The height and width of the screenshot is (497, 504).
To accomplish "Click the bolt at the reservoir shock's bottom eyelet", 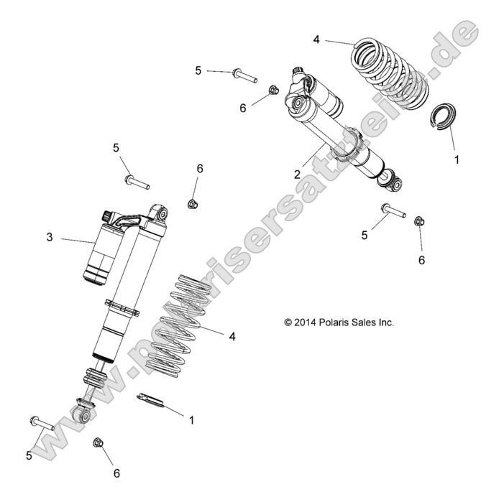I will [x=42, y=424].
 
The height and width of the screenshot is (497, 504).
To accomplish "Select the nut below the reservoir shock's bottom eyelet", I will [x=98, y=443].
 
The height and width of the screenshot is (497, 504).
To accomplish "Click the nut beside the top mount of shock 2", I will [x=274, y=90].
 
